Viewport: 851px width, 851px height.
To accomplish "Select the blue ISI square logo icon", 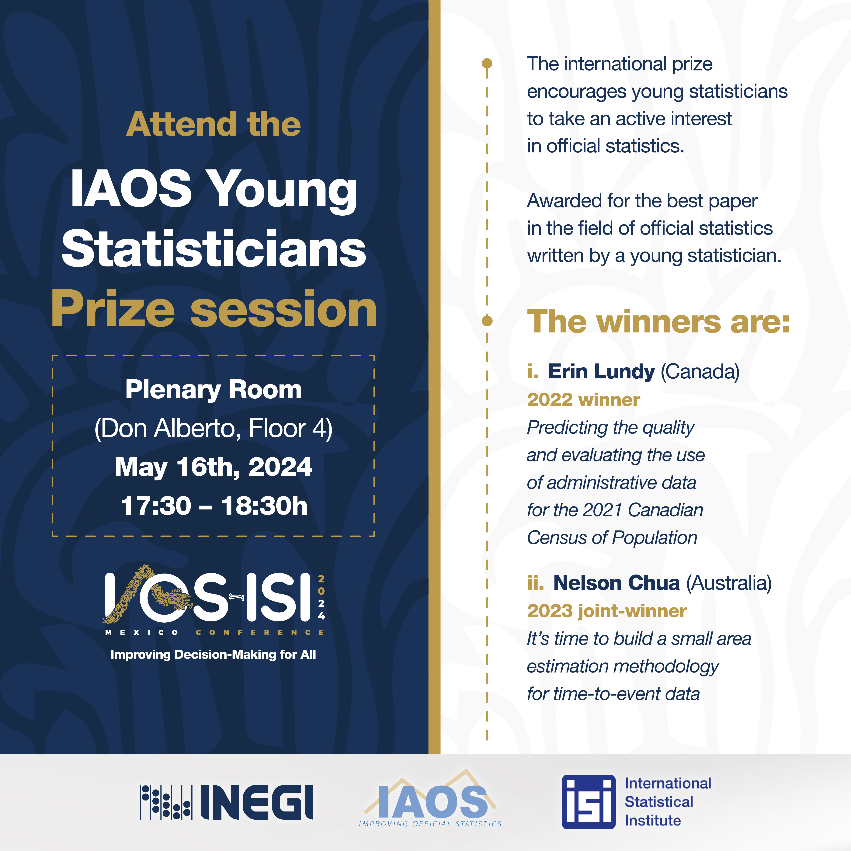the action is pyautogui.click(x=589, y=802).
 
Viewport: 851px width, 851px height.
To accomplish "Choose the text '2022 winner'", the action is pyautogui.click(x=584, y=400).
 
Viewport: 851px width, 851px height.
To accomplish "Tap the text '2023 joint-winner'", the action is pyautogui.click(x=607, y=611).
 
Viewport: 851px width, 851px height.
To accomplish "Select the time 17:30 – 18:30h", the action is pyautogui.click(x=214, y=506).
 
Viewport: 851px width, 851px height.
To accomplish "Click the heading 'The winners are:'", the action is pyautogui.click(x=658, y=321).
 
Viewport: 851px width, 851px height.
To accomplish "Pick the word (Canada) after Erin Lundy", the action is pyautogui.click(x=700, y=372).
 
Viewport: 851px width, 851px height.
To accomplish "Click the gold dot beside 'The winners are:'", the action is pyautogui.click(x=487, y=321).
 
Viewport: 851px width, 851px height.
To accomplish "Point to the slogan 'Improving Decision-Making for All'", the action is pyautogui.click(x=213, y=655).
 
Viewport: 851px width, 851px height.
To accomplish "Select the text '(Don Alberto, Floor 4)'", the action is pyautogui.click(x=214, y=429).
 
